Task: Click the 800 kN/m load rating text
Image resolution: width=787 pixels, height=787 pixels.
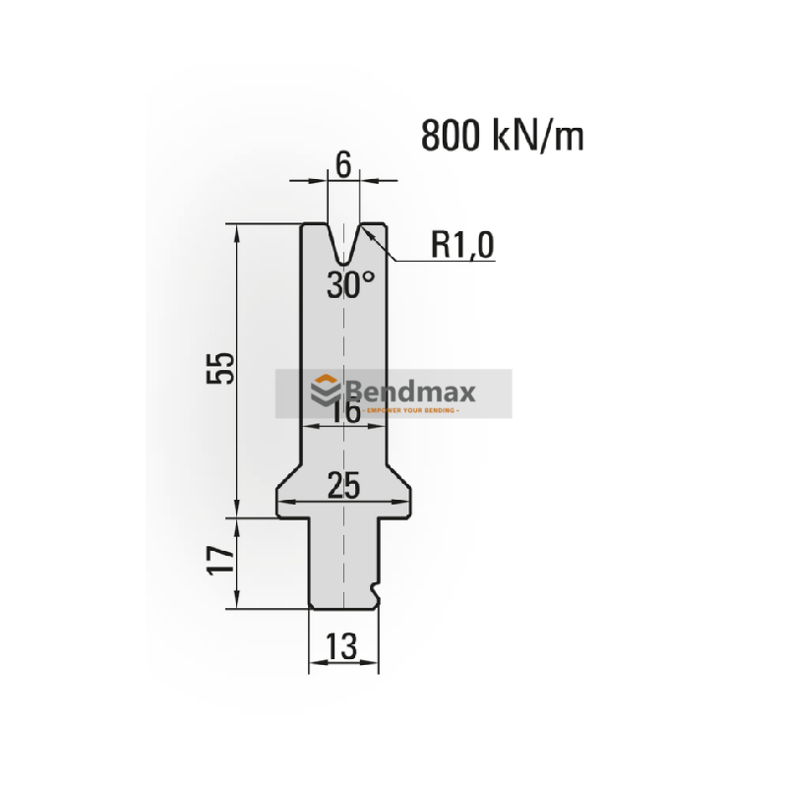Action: tap(503, 136)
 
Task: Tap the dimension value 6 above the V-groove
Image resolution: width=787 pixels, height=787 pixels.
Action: tap(343, 165)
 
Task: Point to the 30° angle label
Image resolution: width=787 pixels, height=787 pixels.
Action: tap(351, 285)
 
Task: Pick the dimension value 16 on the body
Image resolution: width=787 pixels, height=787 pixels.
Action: tap(343, 411)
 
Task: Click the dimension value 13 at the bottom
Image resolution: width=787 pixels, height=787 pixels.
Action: tap(343, 646)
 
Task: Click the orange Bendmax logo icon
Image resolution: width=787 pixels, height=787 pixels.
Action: tap(325, 392)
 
